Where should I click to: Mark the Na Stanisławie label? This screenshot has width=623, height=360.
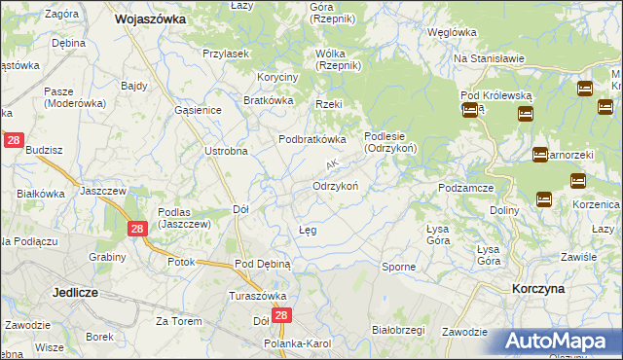489,58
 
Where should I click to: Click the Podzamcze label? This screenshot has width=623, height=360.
468,188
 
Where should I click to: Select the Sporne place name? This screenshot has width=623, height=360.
397,267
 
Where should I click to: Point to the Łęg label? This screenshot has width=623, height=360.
307,231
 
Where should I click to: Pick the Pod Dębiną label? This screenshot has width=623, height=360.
263,264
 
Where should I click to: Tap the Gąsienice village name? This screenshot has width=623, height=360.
198,110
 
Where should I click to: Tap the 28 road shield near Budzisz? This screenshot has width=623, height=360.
14,140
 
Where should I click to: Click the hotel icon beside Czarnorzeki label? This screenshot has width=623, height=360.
539,154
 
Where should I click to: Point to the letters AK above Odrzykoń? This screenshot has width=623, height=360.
332,163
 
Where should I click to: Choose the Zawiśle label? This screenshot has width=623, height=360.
578,257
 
